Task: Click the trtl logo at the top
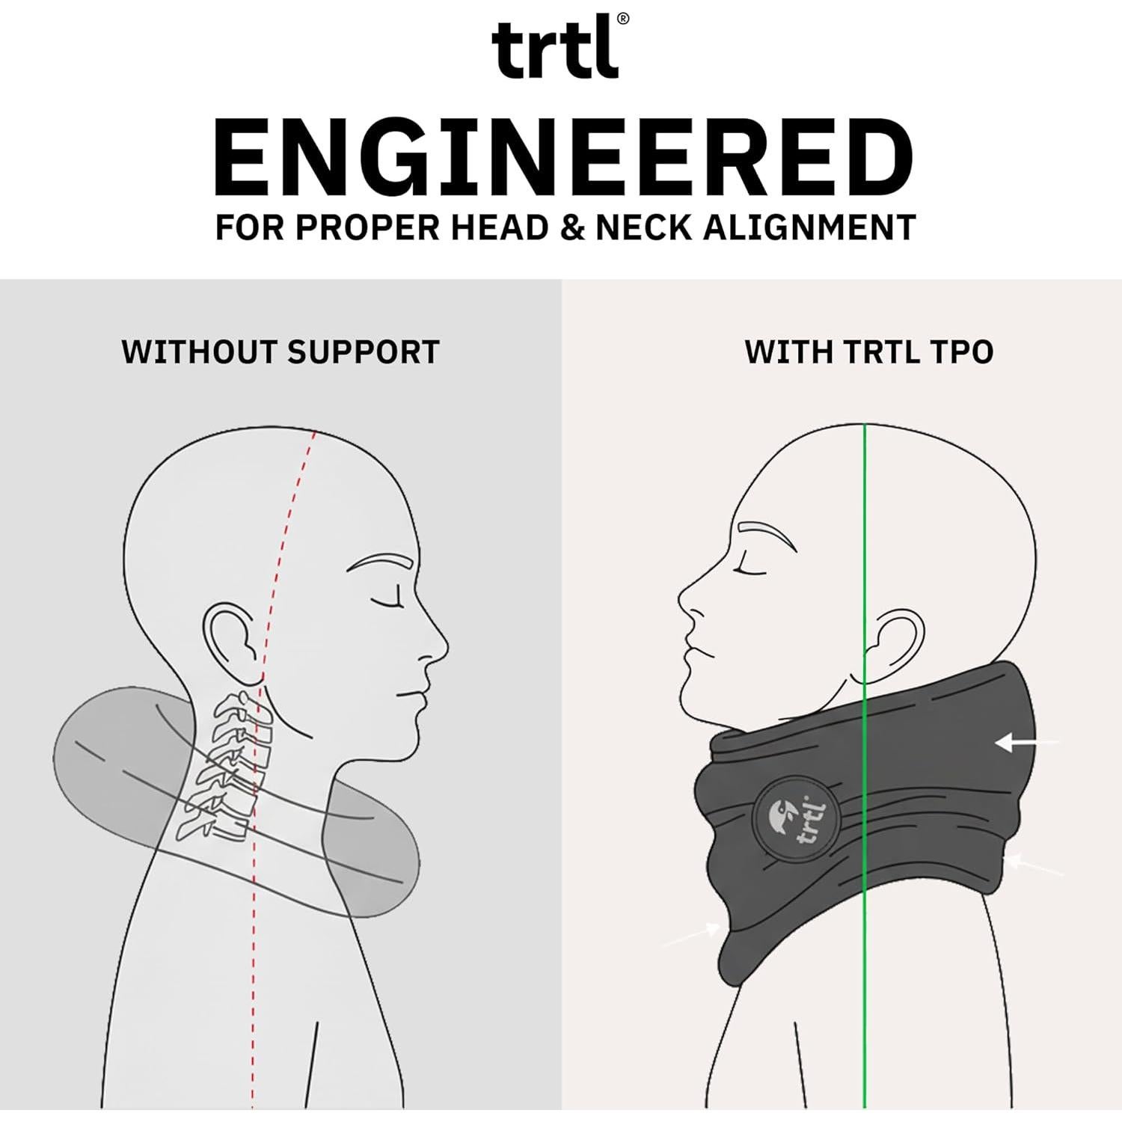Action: tap(555, 51)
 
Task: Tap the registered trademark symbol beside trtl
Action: tap(623, 19)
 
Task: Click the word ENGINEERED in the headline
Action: tap(562, 159)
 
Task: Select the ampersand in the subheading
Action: tap(572, 227)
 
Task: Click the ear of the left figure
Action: tap(233, 642)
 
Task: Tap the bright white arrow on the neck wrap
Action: tap(1025, 743)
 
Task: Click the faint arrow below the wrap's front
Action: tap(692, 934)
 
